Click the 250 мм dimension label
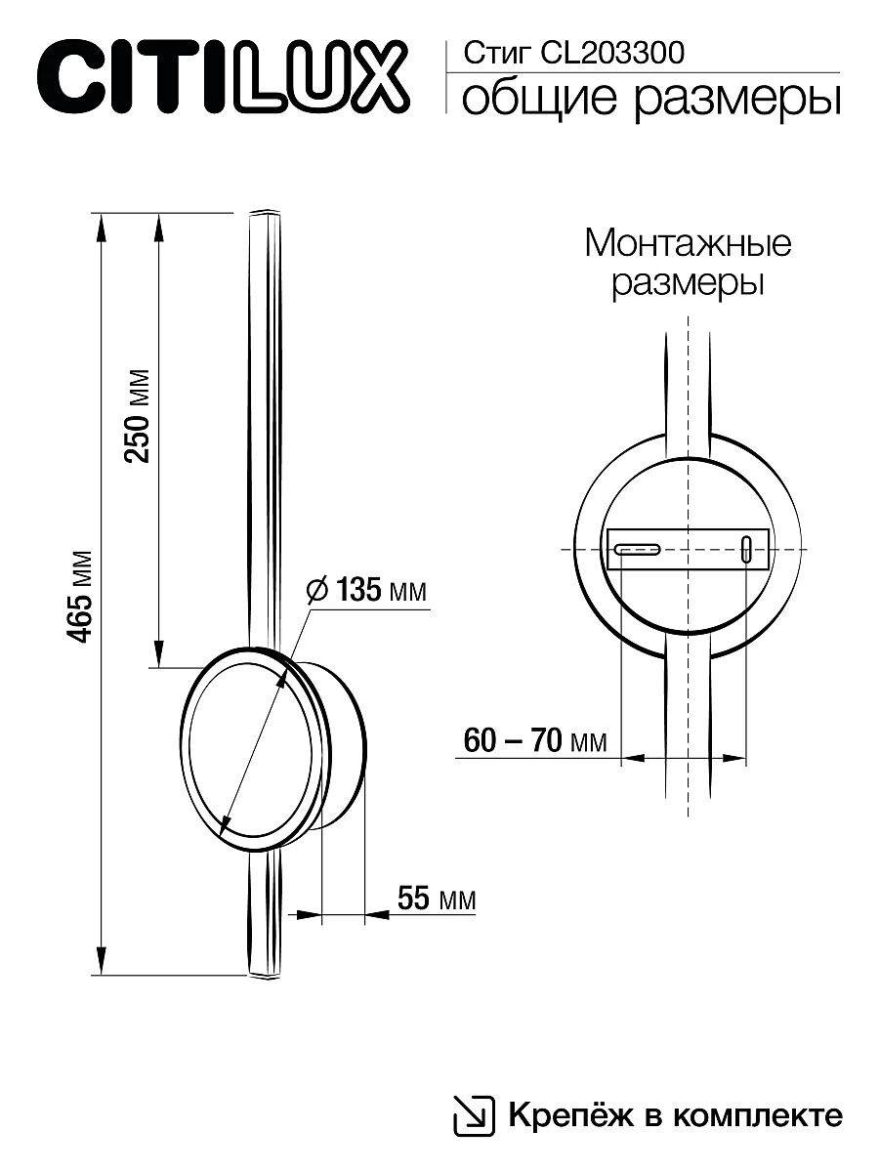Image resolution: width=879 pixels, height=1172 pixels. point(139,416)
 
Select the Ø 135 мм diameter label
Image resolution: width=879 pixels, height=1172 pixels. point(366,591)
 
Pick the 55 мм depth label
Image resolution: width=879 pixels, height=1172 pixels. point(435,899)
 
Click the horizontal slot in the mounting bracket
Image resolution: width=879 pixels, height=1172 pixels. point(638,549)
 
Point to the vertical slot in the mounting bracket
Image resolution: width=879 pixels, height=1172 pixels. point(747,549)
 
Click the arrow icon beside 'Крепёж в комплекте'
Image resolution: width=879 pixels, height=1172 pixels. point(474,1114)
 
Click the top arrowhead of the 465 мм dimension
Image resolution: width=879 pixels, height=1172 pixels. point(100,224)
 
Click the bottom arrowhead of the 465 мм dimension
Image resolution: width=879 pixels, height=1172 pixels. point(100,963)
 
